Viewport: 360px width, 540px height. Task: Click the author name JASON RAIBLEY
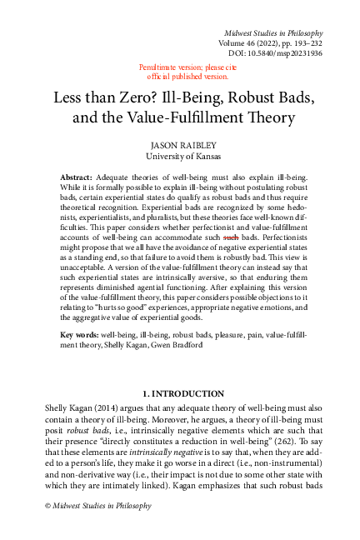coord(179,144)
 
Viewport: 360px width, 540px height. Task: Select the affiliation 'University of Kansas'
coord(179,156)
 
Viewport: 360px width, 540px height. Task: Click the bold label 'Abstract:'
coord(78,179)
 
